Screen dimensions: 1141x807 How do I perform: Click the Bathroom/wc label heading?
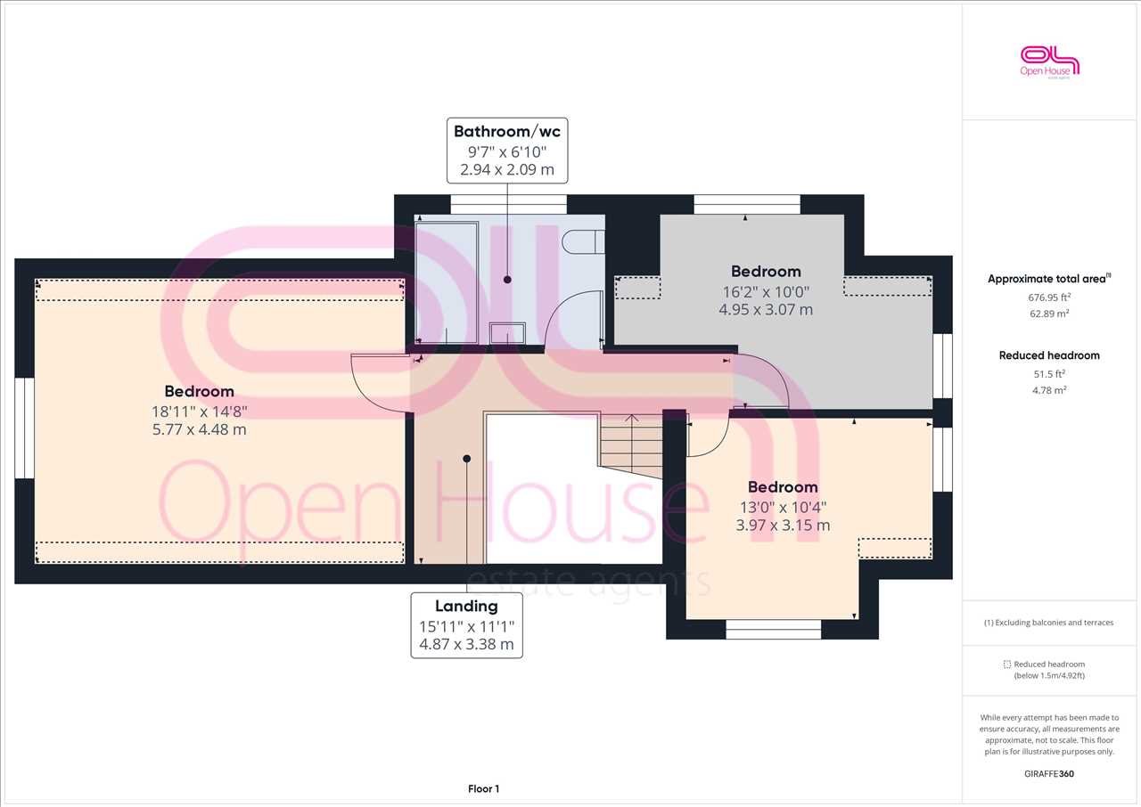click(507, 131)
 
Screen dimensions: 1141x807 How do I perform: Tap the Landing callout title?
click(466, 606)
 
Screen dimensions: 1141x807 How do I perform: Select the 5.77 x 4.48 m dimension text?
click(199, 429)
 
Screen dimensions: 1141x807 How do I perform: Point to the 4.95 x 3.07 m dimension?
click(766, 309)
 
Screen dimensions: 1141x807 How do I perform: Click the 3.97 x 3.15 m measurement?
click(783, 526)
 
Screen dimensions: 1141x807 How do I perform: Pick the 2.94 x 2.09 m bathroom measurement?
click(507, 169)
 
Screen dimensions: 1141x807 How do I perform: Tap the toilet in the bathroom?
click(583, 241)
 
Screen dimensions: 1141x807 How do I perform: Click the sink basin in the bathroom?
click(507, 334)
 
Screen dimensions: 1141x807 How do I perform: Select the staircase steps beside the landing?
click(631, 446)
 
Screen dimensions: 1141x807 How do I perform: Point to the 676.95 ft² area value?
click(1049, 297)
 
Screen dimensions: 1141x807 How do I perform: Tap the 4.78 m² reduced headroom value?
click(1049, 390)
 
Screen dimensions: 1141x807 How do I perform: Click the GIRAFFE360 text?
click(1049, 773)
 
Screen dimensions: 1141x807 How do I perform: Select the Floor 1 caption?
click(483, 788)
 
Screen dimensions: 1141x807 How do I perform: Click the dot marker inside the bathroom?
click(507, 280)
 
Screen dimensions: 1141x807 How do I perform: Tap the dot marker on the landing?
click(466, 459)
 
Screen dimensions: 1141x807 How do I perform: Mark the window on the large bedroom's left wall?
click(24, 428)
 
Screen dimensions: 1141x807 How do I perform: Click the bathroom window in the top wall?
click(508, 205)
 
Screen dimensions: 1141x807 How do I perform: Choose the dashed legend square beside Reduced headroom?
click(1007, 664)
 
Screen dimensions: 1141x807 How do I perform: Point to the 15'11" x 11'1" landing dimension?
click(466, 627)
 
